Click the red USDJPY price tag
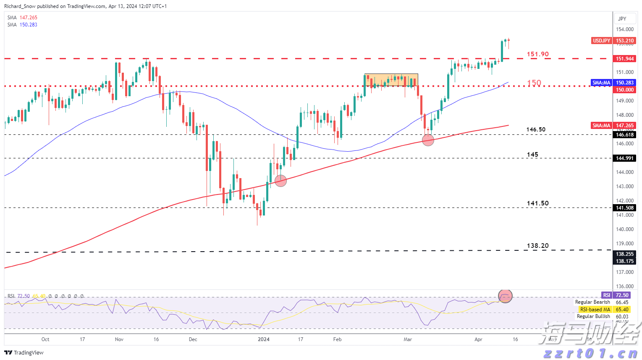point(601,41)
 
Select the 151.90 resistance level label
point(537,54)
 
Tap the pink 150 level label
point(534,83)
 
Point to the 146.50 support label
point(536,129)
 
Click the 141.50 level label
point(537,203)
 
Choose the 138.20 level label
point(537,246)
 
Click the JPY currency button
point(622,18)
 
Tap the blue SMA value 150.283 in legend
point(28,25)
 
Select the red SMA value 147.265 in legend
point(28,18)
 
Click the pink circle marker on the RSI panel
point(505,296)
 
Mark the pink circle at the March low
point(428,140)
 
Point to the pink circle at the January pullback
point(280,181)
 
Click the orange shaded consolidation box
point(391,80)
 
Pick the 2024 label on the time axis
point(263,339)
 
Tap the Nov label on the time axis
point(119,339)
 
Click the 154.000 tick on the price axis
point(624,29)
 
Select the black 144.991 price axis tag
point(624,158)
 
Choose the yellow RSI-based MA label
point(595,310)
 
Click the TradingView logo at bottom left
point(24,352)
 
